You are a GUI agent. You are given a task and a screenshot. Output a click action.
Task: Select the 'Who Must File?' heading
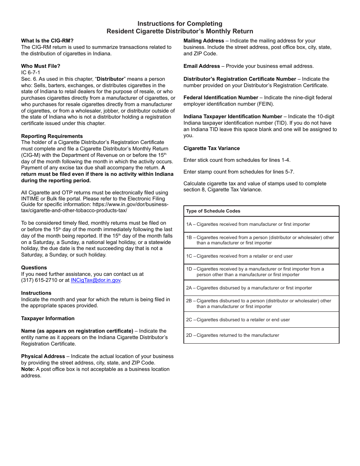click(41, 66)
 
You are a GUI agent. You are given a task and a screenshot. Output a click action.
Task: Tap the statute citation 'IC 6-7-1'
click(31, 72)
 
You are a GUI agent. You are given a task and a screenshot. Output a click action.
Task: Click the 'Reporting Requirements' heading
click(52, 136)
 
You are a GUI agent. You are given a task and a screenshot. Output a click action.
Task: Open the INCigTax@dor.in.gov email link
click(95, 280)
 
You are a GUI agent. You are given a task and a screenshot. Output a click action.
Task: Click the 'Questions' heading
click(34, 267)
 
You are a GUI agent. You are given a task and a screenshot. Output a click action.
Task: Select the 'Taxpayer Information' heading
click(48, 318)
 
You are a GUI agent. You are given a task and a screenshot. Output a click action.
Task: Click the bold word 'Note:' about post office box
click(28, 369)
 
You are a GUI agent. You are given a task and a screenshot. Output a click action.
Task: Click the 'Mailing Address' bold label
click(204, 41)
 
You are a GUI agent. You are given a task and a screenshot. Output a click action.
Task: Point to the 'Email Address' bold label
click(202, 66)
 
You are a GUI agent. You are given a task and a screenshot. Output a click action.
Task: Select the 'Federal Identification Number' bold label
click(221, 98)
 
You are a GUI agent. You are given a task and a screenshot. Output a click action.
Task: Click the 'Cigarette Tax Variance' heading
click(211, 149)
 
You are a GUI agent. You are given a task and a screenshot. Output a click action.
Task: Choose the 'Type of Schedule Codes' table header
click(213, 211)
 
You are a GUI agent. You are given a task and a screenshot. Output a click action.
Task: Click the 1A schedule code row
click(248, 224)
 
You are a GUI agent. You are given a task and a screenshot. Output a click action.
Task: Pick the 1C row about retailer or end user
click(239, 256)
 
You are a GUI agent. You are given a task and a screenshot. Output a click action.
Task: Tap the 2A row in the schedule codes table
click(249, 288)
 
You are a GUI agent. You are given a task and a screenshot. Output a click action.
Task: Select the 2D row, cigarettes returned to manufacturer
click(232, 335)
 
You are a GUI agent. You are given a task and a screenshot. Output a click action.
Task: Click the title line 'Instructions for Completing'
click(180, 24)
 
